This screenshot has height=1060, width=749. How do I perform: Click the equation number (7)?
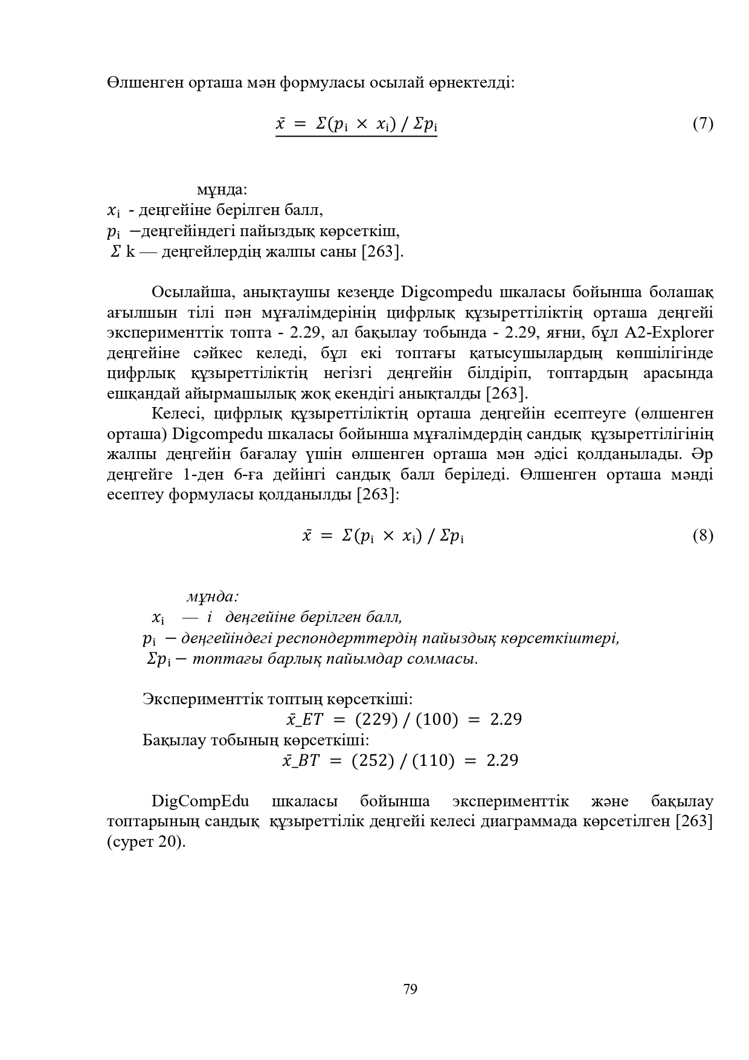(702, 124)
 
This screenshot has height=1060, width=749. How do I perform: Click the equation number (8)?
(702, 536)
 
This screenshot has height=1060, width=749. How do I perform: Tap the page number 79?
(410, 989)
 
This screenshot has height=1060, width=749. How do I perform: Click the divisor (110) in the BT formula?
(433, 760)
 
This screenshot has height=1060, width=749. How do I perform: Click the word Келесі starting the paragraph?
(179, 414)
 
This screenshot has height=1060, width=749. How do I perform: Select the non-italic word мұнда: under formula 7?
(222, 190)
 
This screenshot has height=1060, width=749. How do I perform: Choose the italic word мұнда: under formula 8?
(213, 597)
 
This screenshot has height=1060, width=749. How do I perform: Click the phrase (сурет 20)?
(146, 842)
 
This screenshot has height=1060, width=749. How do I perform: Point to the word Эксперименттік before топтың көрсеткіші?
(202, 699)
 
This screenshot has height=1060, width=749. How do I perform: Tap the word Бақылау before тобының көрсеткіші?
(175, 739)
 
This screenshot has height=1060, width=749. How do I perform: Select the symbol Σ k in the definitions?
(123, 252)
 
